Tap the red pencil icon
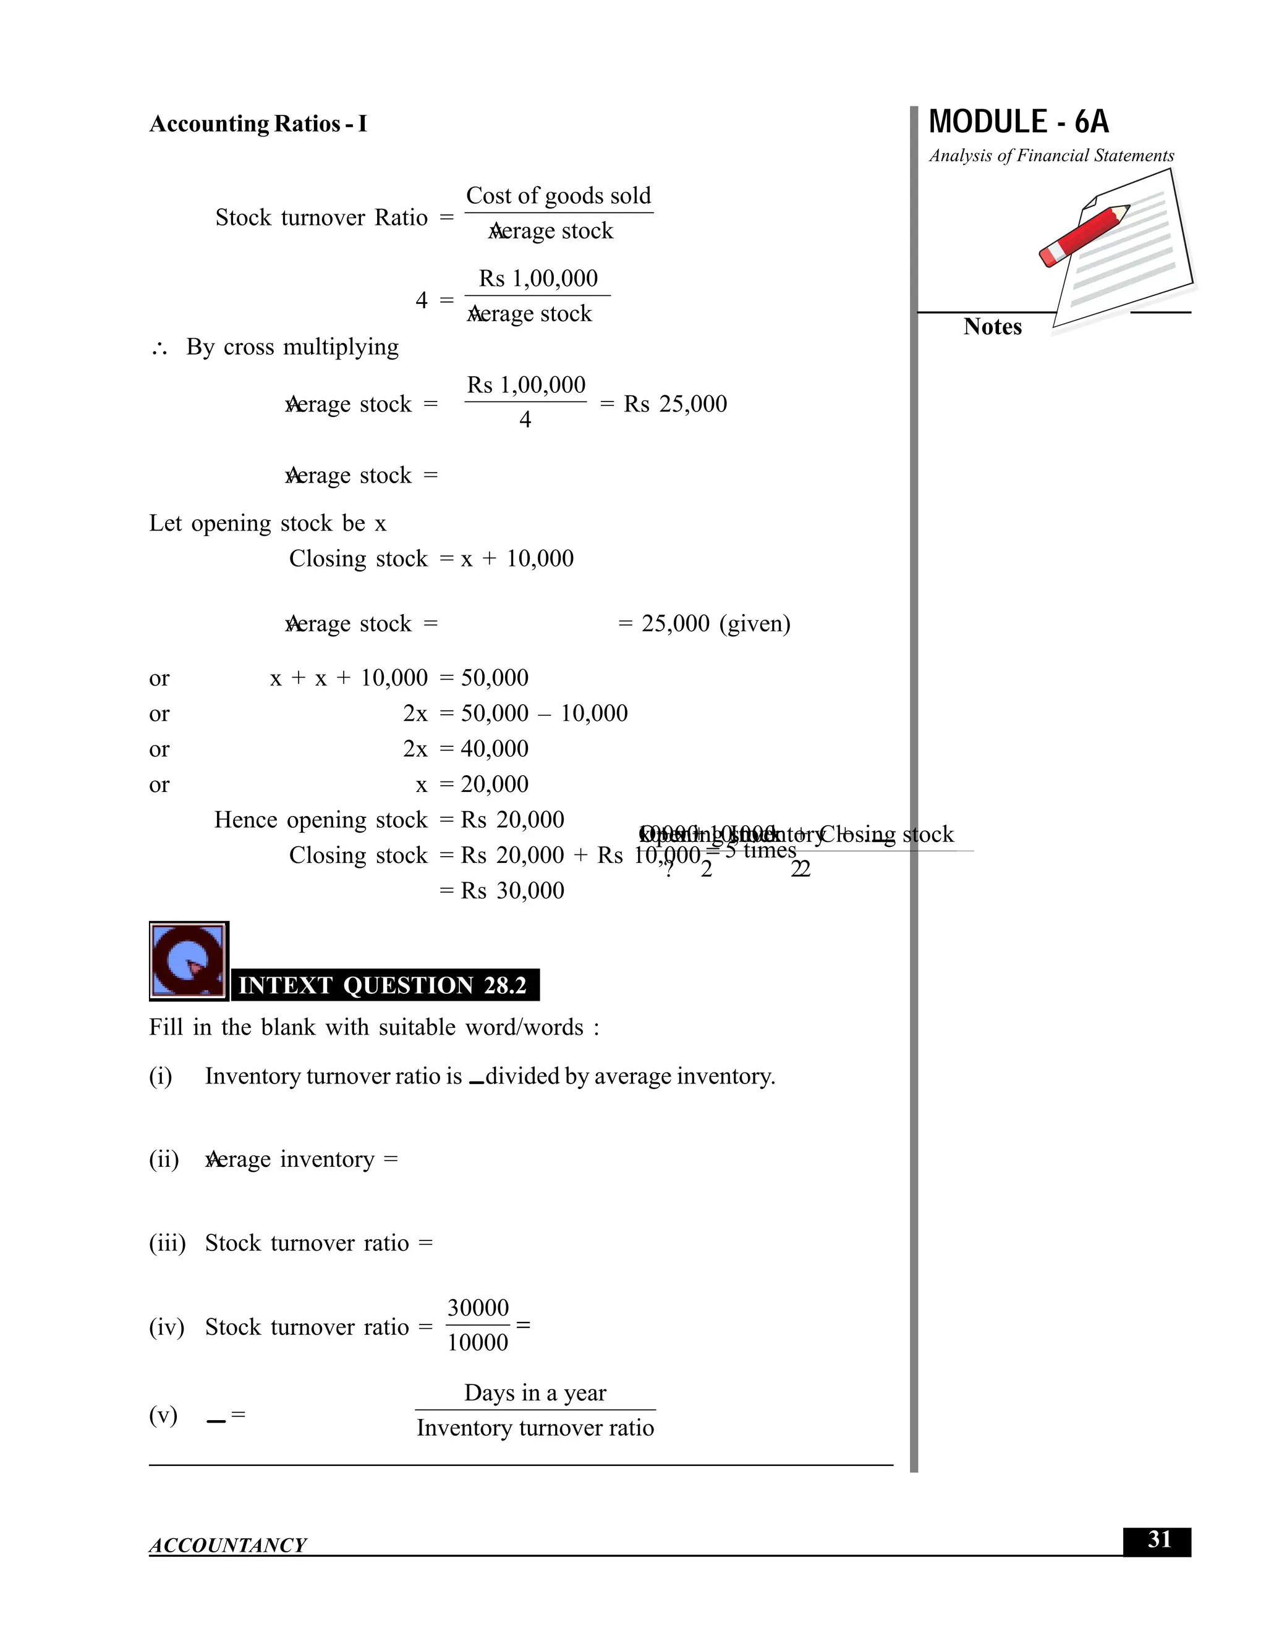click(x=1083, y=235)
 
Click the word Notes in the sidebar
click(x=992, y=327)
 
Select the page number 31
click(x=1159, y=1539)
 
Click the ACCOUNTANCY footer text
click(x=227, y=1545)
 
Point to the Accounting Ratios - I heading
click(x=258, y=124)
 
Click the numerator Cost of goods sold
click(x=558, y=196)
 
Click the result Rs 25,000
click(x=675, y=404)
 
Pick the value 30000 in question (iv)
click(x=478, y=1307)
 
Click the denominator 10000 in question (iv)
click(x=478, y=1342)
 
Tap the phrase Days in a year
click(x=535, y=1392)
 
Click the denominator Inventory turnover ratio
click(x=535, y=1427)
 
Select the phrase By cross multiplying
click(x=292, y=347)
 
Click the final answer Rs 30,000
click(x=512, y=890)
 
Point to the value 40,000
click(x=495, y=748)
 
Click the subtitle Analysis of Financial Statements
click(x=1051, y=156)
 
